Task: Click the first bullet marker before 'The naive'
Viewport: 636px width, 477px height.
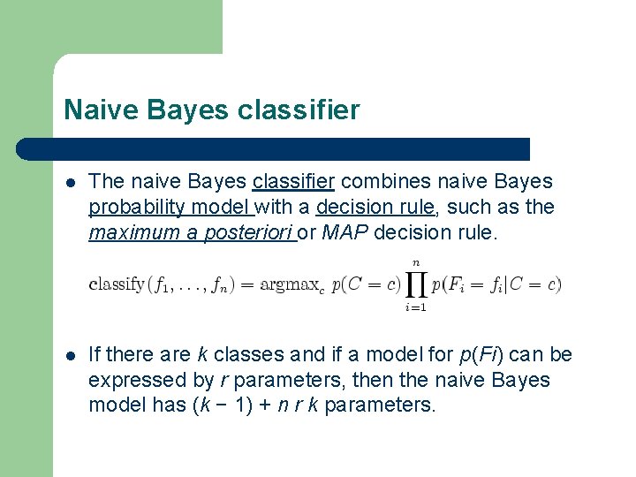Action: (71, 183)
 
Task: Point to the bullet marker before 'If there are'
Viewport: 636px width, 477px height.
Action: (71, 356)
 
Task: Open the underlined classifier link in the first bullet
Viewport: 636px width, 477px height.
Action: (293, 182)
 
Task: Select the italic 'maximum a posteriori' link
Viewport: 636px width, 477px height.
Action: (192, 233)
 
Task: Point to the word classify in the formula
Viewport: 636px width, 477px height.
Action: (117, 284)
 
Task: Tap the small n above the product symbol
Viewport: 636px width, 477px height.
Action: (415, 261)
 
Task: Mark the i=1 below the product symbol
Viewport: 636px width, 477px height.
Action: (415, 307)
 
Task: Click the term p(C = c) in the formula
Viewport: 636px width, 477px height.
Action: (366, 284)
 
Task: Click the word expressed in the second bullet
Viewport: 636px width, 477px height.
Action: (132, 381)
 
